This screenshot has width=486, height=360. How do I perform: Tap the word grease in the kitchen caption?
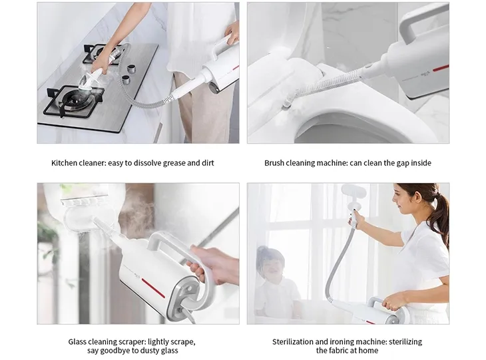[x=174, y=163]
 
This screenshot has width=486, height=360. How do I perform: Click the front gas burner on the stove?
[x=74, y=100]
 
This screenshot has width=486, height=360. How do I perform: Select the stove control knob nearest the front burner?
[x=126, y=80]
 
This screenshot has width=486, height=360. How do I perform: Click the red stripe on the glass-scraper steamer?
[x=153, y=287]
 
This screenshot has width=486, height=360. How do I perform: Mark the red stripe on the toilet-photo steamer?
[x=441, y=68]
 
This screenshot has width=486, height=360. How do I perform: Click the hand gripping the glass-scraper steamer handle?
[x=214, y=264]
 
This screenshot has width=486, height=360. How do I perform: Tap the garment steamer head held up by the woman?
[x=354, y=194]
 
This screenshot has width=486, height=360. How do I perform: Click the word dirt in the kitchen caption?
[x=208, y=163]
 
